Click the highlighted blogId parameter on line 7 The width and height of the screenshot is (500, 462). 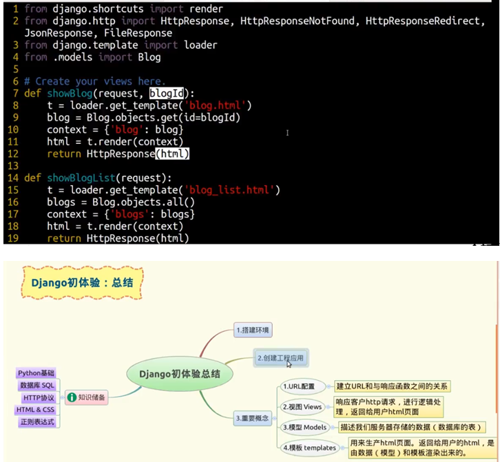[167, 94]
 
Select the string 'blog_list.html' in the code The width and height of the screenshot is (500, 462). [229, 190]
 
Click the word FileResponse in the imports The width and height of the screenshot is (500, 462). [138, 33]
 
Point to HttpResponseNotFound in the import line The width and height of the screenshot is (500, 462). [298, 21]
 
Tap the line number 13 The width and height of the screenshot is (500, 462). [13, 166]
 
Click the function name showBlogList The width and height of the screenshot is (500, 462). [81, 178]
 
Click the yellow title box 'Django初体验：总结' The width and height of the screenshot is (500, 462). [82, 283]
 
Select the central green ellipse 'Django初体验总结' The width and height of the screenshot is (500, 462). [180, 374]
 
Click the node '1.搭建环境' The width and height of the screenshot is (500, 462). [253, 330]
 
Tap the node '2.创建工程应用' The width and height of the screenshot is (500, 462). [280, 358]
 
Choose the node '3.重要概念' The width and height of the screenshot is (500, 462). [252, 418]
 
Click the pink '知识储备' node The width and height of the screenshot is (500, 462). [86, 397]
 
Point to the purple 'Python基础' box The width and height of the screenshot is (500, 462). [36, 373]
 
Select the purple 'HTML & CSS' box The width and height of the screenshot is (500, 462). [35, 410]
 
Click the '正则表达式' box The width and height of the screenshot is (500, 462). [38, 422]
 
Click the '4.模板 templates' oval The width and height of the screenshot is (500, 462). [309, 448]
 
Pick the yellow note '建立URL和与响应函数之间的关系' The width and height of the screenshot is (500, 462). [392, 386]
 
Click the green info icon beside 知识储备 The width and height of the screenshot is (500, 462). [72, 397]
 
